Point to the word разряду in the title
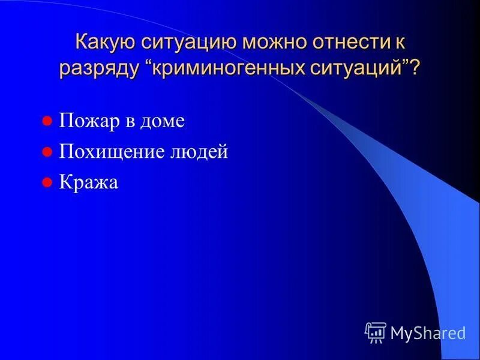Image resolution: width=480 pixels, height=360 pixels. coord(98,68)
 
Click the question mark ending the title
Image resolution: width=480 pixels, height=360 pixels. coord(415,67)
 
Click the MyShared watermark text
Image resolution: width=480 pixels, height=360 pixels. coord(428,332)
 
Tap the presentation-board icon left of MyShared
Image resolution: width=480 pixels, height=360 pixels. coord(376,332)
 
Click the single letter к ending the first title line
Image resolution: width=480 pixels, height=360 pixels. coord(400,43)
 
